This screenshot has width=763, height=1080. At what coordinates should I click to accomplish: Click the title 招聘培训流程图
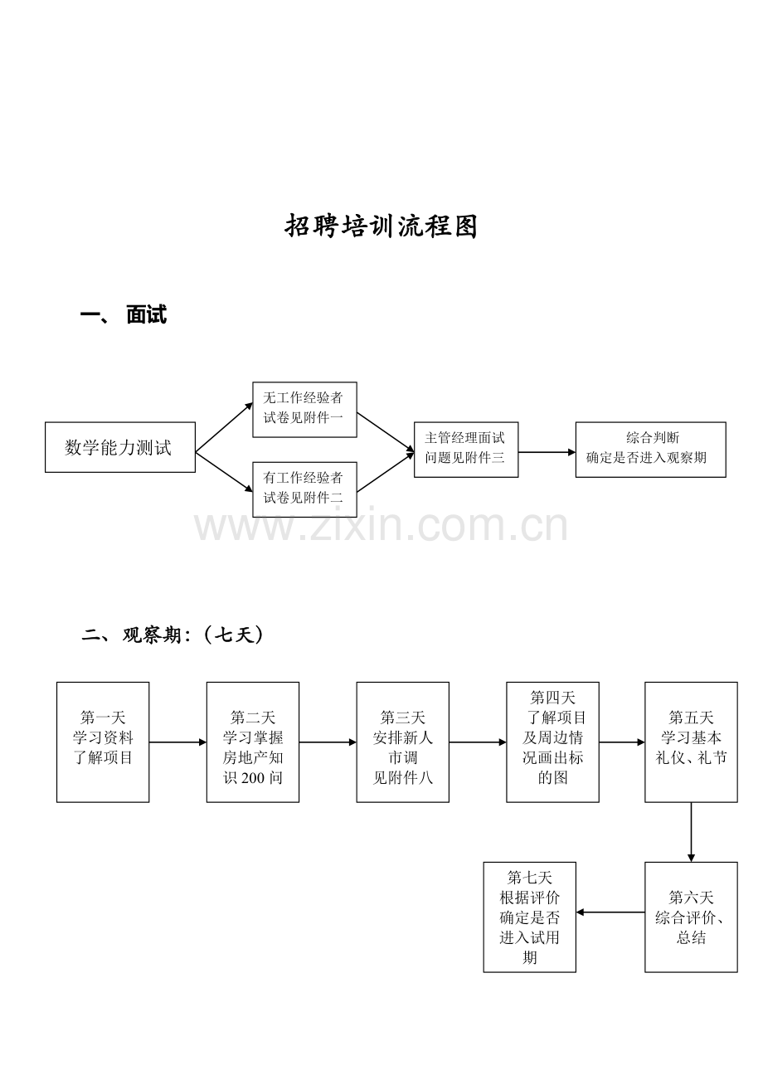(x=381, y=226)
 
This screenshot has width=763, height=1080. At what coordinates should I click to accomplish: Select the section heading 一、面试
(x=124, y=315)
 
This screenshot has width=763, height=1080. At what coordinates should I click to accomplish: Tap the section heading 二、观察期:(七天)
(x=172, y=635)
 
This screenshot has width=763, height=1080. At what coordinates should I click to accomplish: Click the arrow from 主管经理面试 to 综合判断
(x=547, y=452)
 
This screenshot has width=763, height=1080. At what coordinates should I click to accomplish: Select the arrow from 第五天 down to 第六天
(x=691, y=832)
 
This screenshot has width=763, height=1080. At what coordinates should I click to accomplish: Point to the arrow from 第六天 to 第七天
(x=610, y=912)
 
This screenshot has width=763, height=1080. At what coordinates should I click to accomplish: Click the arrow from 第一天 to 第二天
(x=177, y=742)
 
